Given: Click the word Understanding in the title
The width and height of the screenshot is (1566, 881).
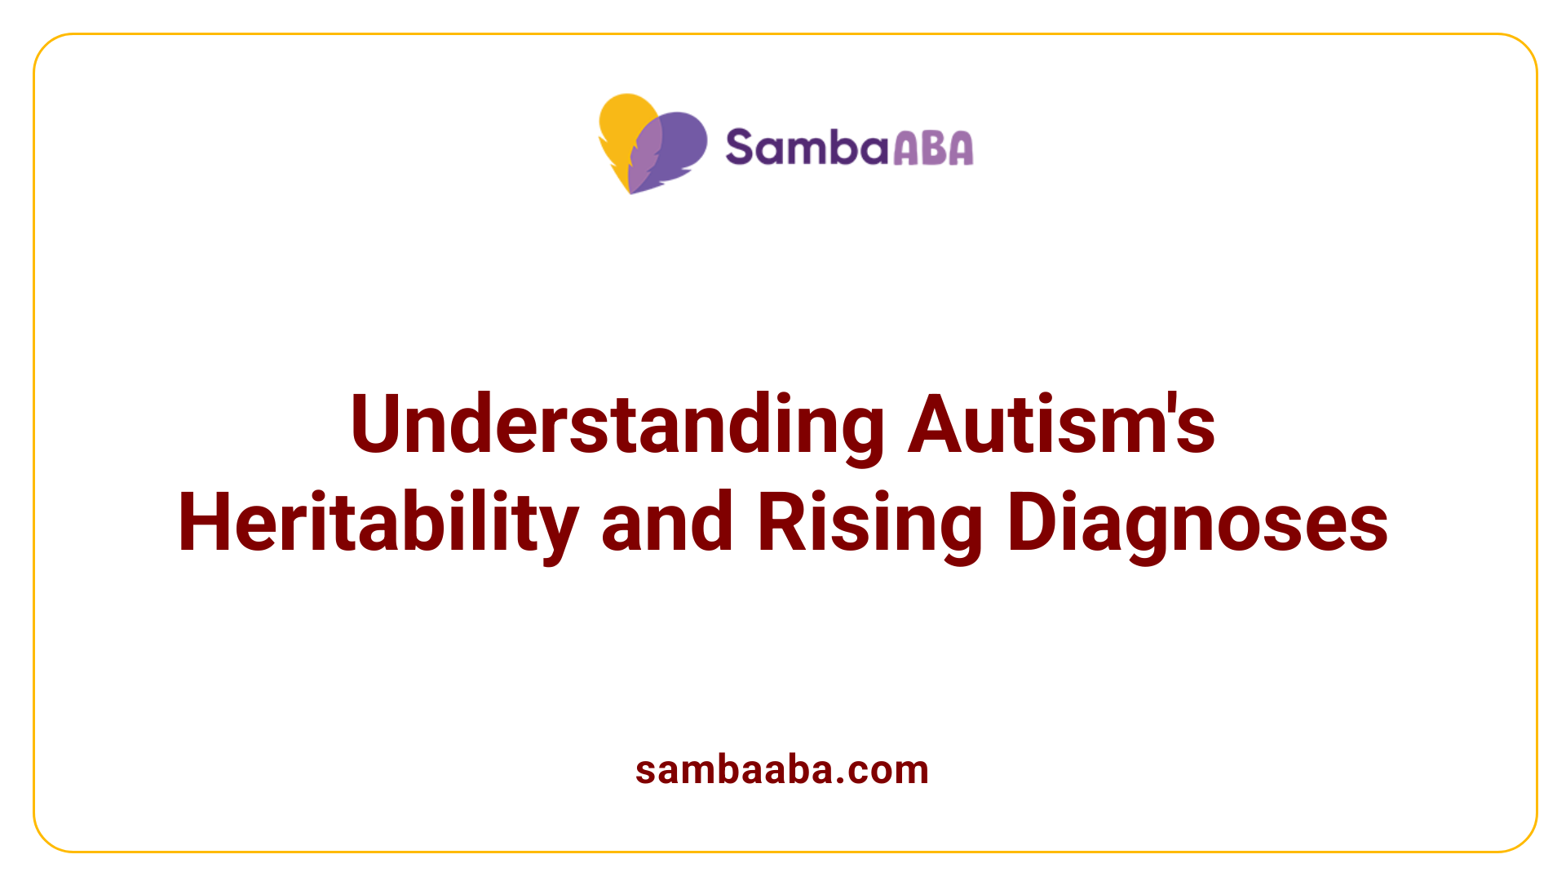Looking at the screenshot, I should (617, 424).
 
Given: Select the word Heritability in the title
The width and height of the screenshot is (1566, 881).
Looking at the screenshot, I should (378, 523).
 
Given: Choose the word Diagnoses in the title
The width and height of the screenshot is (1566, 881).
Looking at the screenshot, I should (1197, 523).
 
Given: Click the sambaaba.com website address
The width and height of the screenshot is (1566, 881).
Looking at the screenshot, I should (781, 770).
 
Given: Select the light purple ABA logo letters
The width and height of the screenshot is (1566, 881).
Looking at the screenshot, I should (933, 148).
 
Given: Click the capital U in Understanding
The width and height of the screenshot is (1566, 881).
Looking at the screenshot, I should (379, 424).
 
